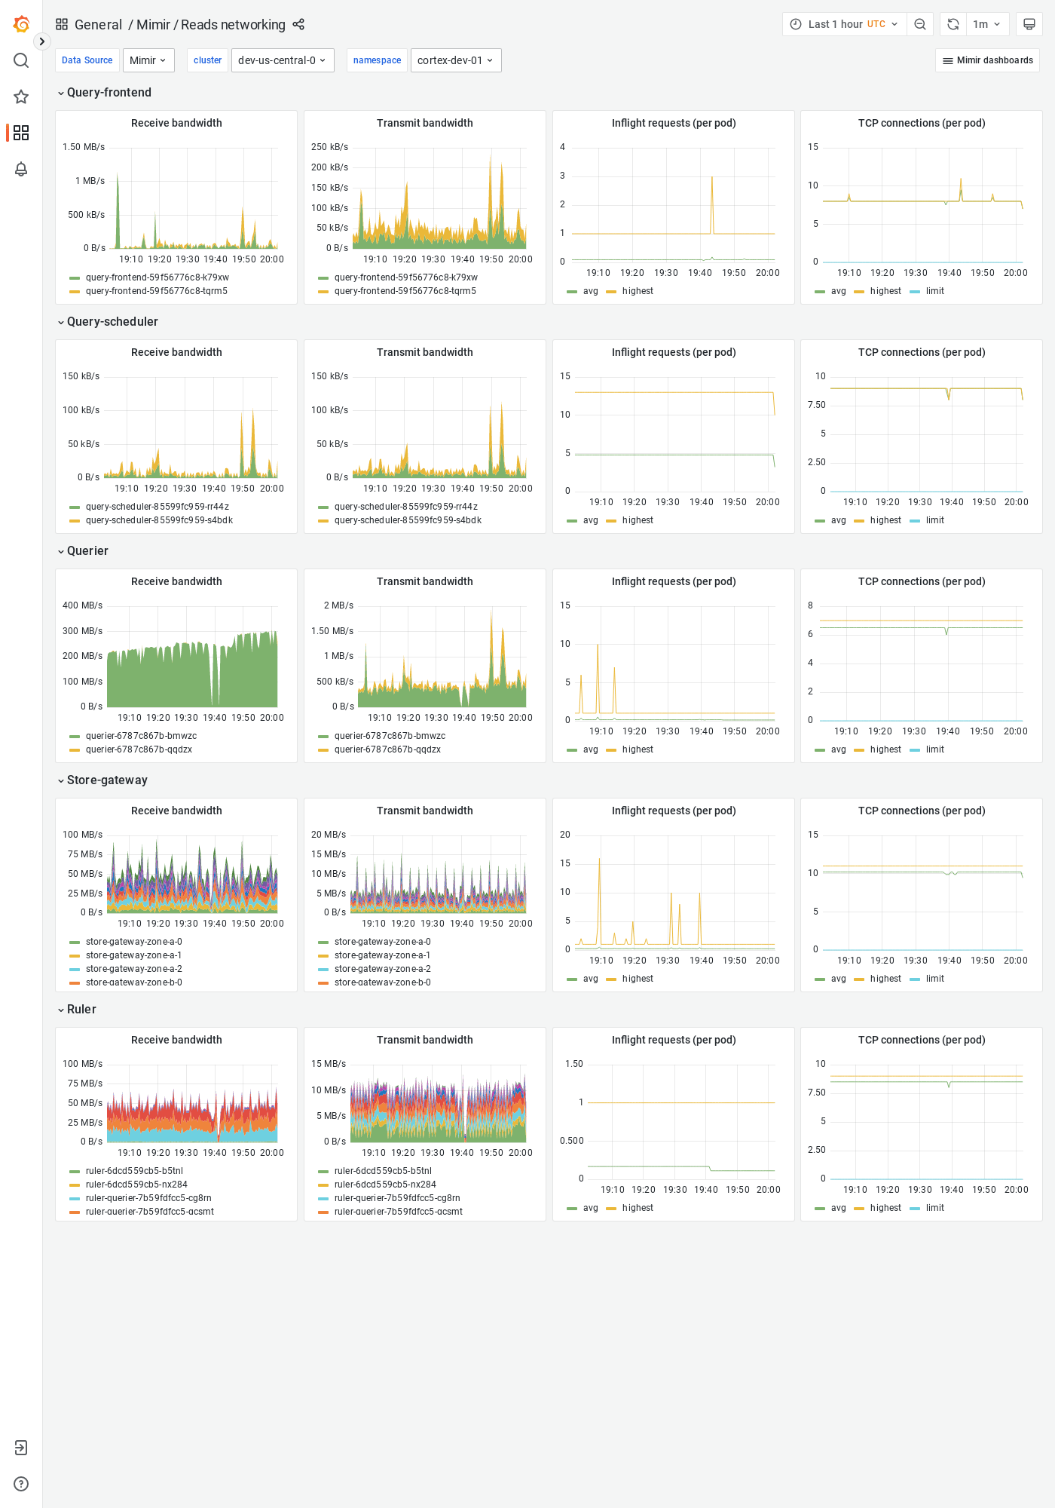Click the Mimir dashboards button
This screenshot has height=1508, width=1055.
click(987, 60)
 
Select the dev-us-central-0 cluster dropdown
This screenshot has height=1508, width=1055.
click(282, 60)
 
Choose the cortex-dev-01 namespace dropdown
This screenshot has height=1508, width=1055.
click(455, 60)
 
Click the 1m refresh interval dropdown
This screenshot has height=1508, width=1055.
click(986, 24)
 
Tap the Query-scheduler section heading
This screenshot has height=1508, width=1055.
click(112, 322)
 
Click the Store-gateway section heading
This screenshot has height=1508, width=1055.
click(107, 780)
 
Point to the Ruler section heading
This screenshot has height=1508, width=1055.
click(81, 1010)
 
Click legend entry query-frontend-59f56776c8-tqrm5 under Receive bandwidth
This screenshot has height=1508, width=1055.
click(156, 291)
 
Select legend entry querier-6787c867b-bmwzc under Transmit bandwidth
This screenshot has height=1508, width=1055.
click(390, 736)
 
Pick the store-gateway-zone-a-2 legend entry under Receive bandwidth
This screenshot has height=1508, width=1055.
click(133, 969)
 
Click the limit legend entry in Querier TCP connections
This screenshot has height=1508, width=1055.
click(934, 749)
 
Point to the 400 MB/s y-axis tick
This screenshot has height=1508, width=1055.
click(82, 605)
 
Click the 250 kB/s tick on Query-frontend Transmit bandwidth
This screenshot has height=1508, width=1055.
click(329, 147)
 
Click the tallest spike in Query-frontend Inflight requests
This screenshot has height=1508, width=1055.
click(712, 178)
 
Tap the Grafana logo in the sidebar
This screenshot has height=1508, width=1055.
click(21, 24)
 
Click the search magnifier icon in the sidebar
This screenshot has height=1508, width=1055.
click(21, 60)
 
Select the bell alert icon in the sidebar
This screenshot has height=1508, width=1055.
click(21, 169)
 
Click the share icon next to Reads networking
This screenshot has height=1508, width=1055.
click(298, 24)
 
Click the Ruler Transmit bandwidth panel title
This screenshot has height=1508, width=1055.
click(424, 1040)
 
